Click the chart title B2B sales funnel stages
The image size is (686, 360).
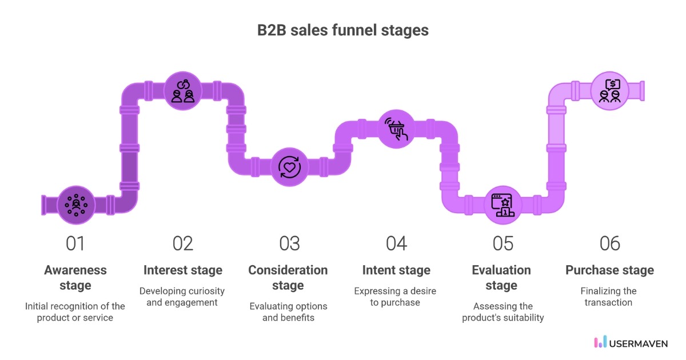(x=343, y=30)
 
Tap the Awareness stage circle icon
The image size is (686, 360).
(x=75, y=204)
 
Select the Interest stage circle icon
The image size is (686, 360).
(x=183, y=91)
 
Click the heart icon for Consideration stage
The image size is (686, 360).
(x=289, y=167)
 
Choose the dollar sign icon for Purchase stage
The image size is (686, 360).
(x=609, y=91)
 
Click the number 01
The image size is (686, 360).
(x=75, y=243)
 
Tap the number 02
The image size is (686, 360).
(x=183, y=243)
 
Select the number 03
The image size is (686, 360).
(x=289, y=243)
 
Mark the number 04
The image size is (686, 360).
(x=396, y=243)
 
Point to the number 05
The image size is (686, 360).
(x=503, y=243)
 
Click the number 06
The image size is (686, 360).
(x=609, y=243)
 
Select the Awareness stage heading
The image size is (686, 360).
(x=75, y=277)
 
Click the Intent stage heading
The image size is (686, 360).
(x=396, y=270)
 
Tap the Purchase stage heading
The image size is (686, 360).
(x=609, y=270)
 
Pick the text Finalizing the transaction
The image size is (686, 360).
(x=609, y=297)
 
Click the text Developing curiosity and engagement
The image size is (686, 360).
(x=182, y=297)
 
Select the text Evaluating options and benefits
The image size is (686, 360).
(x=288, y=311)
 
